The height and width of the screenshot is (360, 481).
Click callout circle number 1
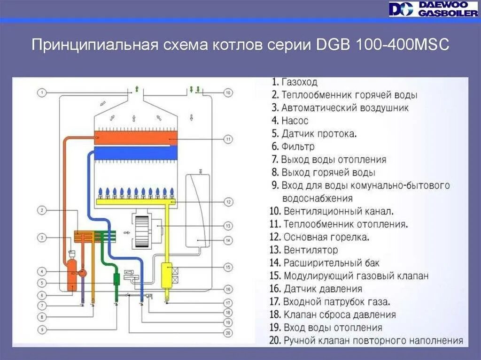[42, 93]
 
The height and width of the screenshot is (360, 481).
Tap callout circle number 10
[228, 93]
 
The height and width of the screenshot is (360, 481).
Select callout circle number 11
[228, 139]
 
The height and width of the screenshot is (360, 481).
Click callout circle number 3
[42, 237]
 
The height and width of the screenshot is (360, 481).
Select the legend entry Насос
[295, 121]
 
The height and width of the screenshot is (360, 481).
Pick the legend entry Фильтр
[298, 146]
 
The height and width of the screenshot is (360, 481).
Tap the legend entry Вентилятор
[310, 250]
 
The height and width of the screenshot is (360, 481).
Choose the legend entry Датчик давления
[322, 289]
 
